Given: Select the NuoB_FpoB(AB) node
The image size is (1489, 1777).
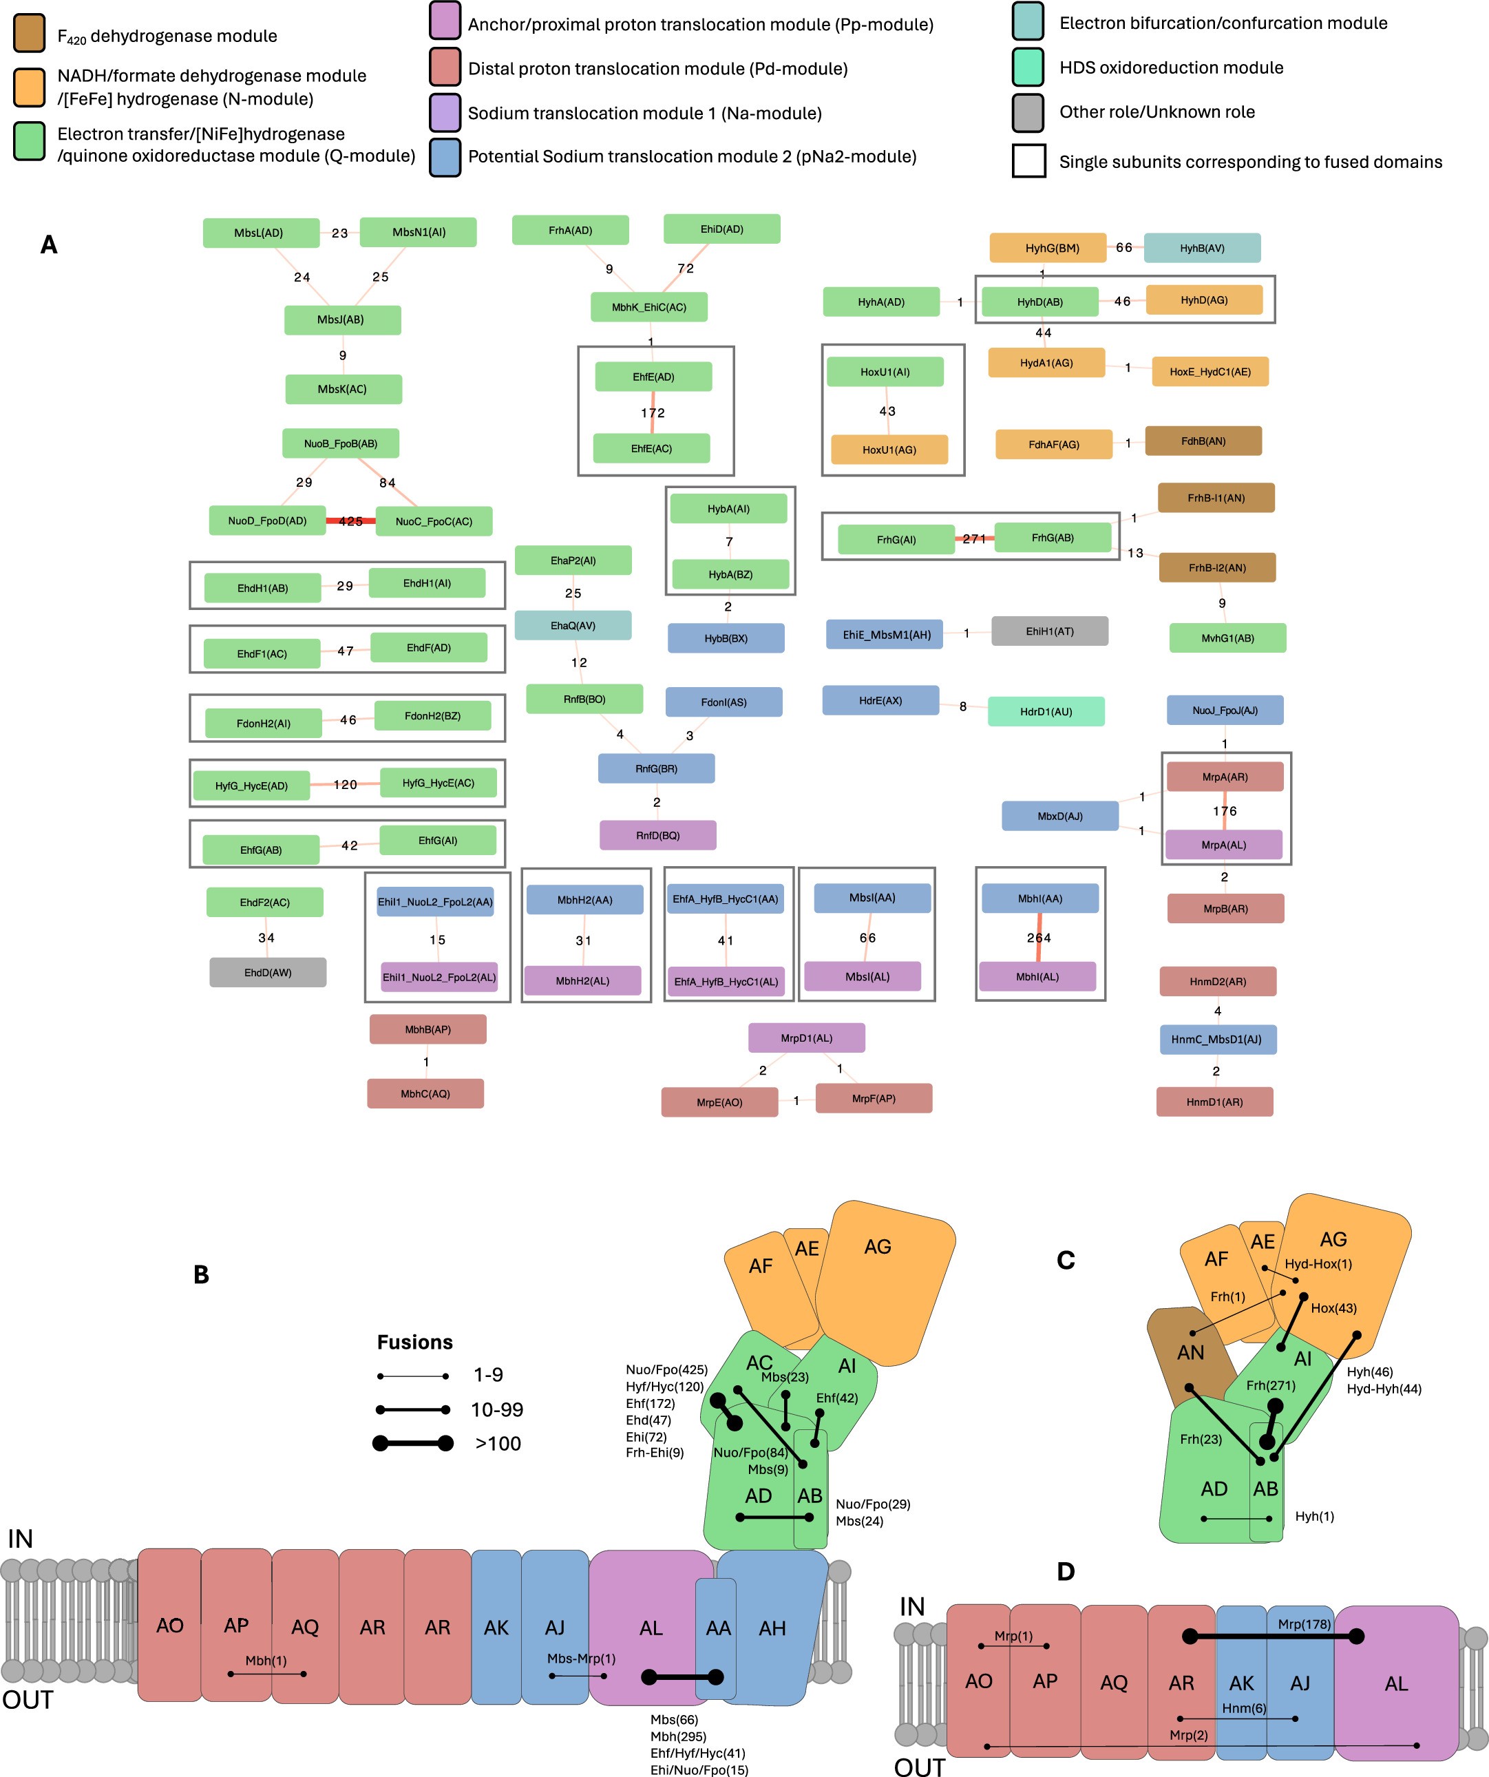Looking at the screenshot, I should [x=340, y=443].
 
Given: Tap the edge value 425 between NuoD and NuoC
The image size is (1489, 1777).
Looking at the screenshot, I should [x=350, y=521].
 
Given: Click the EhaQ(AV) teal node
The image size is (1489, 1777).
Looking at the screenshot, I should [x=573, y=625].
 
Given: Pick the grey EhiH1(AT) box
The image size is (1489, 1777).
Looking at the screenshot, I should [x=1049, y=631].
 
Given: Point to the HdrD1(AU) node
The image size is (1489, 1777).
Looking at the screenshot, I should [x=1046, y=712].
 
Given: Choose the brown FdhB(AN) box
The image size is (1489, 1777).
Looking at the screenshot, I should [x=1203, y=441].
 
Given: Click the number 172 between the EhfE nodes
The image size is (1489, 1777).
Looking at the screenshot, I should [x=653, y=413].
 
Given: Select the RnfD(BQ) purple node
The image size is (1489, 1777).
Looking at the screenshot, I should [x=657, y=835].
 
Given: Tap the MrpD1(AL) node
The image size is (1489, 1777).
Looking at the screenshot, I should [x=806, y=1038].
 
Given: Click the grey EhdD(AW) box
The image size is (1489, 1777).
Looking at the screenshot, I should [x=267, y=972].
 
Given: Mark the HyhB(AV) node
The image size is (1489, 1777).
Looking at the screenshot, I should [x=1201, y=248].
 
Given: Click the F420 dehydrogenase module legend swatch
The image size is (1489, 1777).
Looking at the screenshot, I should [x=30, y=34].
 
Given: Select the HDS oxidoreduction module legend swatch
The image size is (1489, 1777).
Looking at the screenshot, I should [x=1028, y=67].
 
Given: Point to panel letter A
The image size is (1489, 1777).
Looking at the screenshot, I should [x=49, y=244].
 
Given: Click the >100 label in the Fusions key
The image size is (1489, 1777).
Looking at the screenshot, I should [x=498, y=1444].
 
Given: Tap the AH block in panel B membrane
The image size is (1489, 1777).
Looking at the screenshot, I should [x=772, y=1628].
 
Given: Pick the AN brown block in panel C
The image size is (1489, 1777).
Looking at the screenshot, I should [x=1190, y=1352].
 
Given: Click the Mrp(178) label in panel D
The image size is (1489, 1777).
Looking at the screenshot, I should [x=1304, y=1624].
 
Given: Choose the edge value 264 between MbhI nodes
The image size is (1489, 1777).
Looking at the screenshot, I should [x=1039, y=938].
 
